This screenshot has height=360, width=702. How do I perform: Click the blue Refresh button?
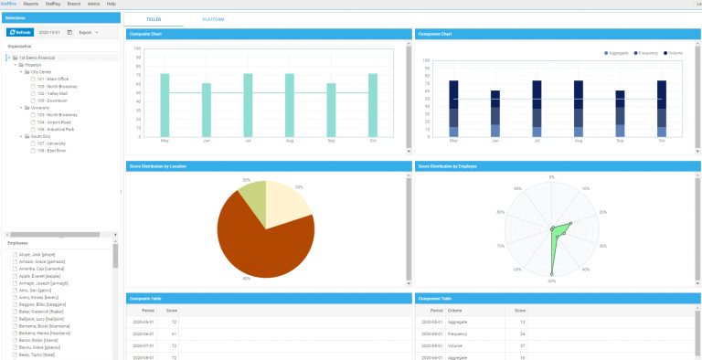click(x=20, y=32)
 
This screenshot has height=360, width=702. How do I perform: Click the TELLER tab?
click(x=154, y=18)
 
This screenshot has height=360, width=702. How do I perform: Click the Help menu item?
click(x=111, y=4)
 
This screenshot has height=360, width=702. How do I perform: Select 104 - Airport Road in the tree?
click(x=54, y=122)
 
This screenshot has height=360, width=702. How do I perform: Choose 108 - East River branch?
click(x=52, y=150)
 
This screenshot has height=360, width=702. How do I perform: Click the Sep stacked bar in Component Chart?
click(x=620, y=113)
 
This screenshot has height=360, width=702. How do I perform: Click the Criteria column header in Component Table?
click(x=455, y=311)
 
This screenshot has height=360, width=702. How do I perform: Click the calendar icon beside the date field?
click(x=69, y=32)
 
